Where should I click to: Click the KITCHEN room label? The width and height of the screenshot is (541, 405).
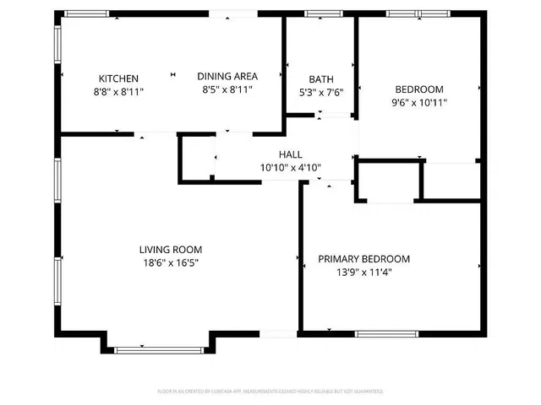tap(118, 78)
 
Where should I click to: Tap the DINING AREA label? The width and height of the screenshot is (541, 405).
tap(227, 76)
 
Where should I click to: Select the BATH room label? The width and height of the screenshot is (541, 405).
tap(321, 80)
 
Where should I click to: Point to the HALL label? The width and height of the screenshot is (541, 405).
tap(291, 154)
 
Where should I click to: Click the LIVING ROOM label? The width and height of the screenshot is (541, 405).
tap(170, 249)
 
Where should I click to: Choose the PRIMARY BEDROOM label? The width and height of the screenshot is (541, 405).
tap(363, 259)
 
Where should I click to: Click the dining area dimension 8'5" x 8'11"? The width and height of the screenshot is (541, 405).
tap(227, 89)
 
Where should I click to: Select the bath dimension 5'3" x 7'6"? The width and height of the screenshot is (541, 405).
tap(321, 93)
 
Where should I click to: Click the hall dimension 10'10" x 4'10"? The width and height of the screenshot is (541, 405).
tap(291, 167)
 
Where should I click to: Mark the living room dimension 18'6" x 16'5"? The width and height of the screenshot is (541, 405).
tap(170, 262)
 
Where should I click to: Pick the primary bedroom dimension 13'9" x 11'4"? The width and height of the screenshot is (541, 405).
tap(363, 272)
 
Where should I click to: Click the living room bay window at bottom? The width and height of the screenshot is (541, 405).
tap(158, 350)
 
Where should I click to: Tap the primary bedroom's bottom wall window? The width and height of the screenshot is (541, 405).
tap(386, 334)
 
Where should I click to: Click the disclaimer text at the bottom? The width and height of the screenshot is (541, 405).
tap(270, 391)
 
